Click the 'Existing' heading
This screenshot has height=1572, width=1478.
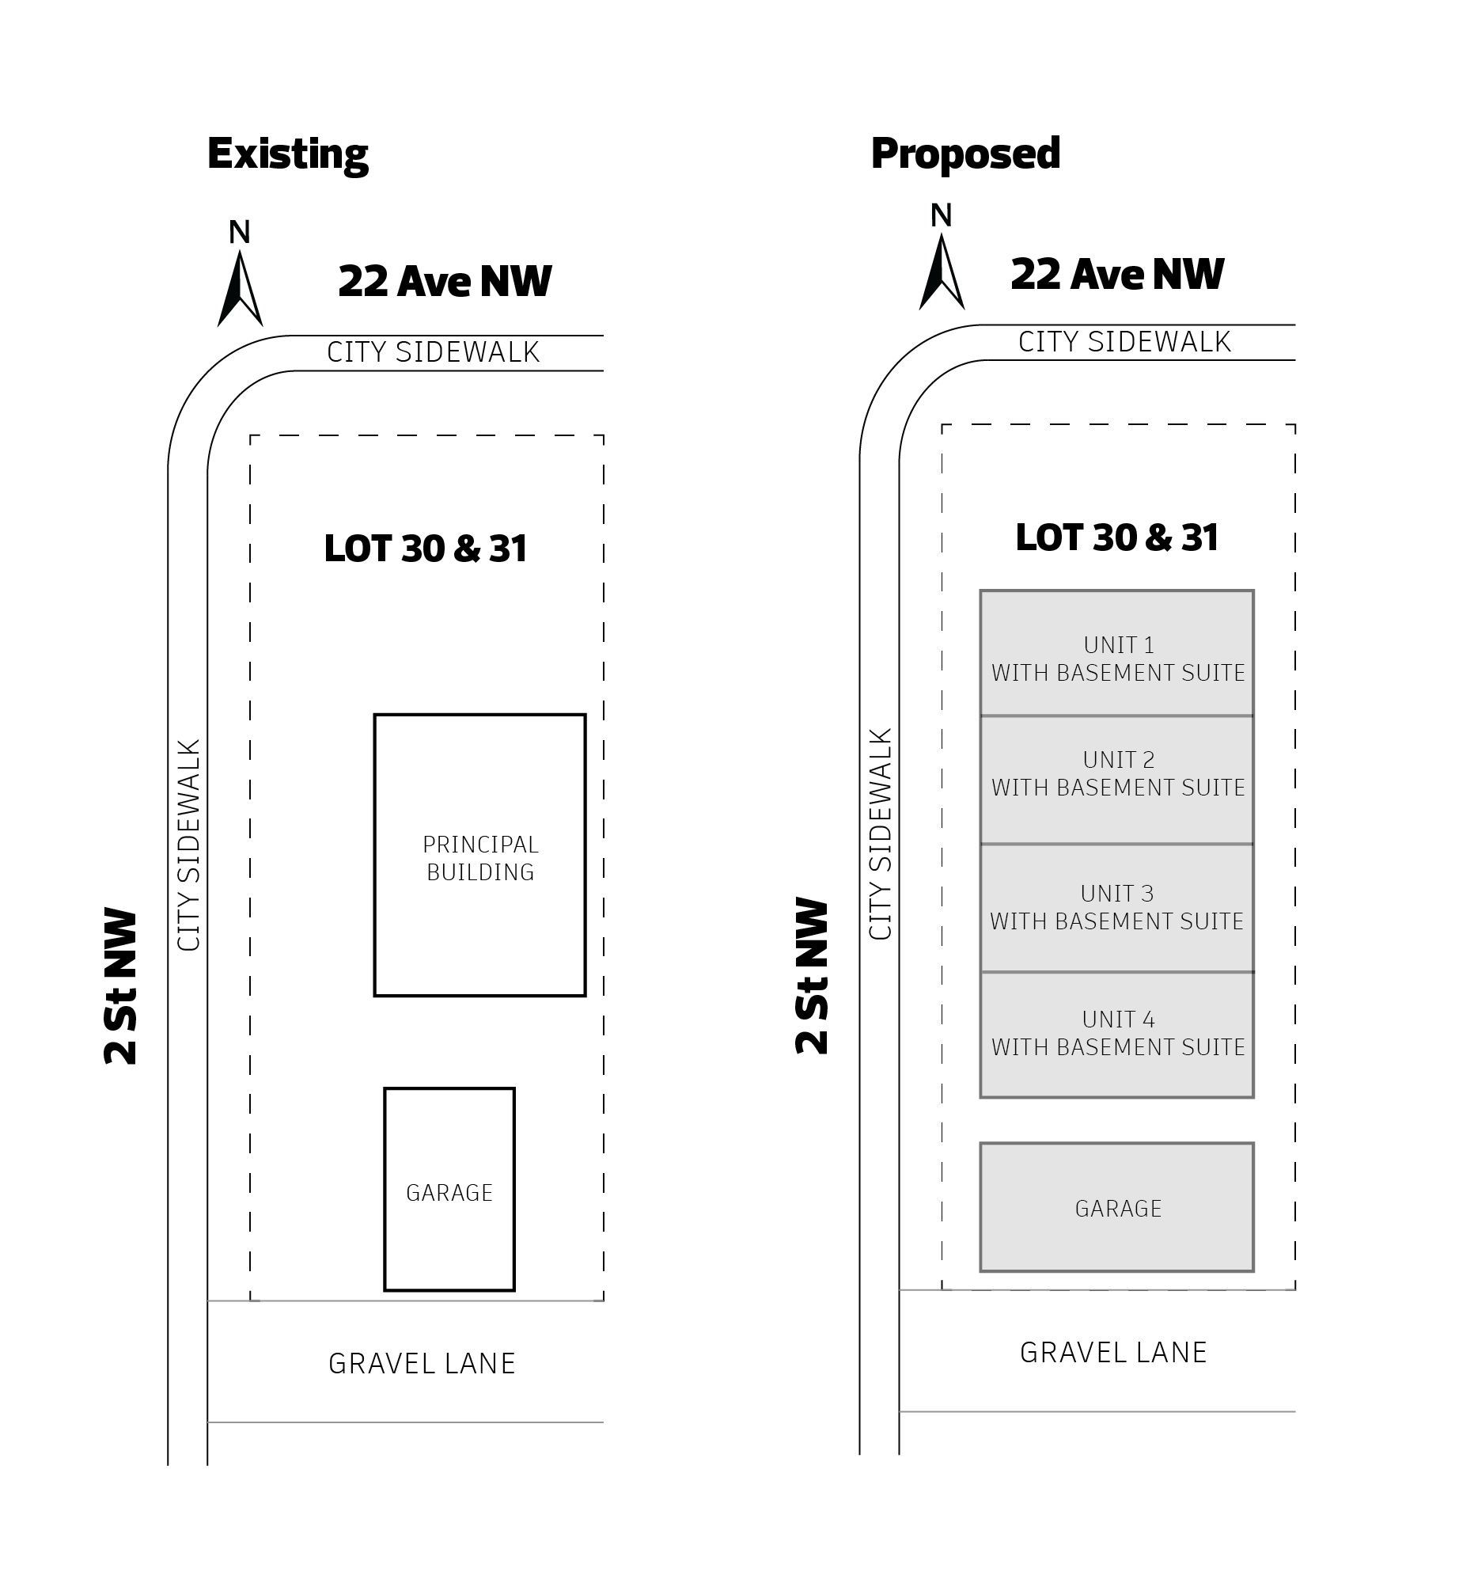[x=288, y=154]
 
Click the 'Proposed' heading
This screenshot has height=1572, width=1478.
[x=965, y=154]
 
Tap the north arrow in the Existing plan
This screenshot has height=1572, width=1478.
[x=240, y=289]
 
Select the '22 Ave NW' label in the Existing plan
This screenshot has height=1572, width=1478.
[x=445, y=281]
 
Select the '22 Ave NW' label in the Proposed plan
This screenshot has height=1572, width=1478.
[x=1117, y=274]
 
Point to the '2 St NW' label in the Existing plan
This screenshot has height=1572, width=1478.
[x=121, y=986]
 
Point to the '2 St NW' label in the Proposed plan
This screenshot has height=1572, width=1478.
[x=812, y=975]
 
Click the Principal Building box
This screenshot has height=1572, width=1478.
[x=480, y=855]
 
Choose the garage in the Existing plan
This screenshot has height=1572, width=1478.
[x=449, y=1189]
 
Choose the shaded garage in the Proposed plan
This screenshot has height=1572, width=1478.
[x=1117, y=1207]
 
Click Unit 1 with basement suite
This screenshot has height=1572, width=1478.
[x=1117, y=653]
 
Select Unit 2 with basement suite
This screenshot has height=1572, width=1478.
[x=1117, y=780]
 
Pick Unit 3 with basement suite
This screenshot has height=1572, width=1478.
[x=1117, y=908]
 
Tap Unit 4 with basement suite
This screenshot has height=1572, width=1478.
[x=1117, y=1035]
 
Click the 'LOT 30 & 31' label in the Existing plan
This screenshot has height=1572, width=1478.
[x=426, y=549]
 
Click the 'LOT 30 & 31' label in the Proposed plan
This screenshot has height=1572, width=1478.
[x=1117, y=537]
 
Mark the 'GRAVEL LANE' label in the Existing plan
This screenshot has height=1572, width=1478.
[x=422, y=1364]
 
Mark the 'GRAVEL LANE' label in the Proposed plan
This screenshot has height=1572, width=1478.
[x=1113, y=1353]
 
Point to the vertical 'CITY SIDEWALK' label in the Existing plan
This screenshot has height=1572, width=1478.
[x=189, y=845]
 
